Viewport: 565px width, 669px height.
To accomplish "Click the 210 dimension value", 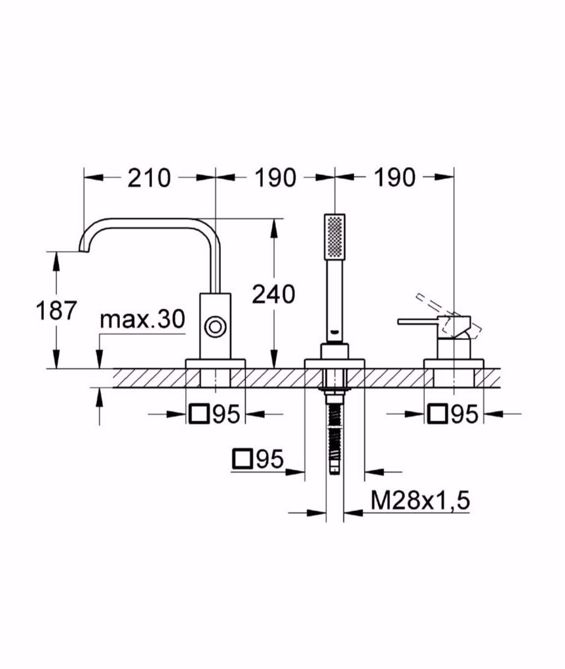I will point(149,178).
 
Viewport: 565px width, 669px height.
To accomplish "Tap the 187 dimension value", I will point(56,310).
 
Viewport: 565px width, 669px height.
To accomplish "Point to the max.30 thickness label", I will point(142,320).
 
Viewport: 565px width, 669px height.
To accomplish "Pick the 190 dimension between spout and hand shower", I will point(275,178).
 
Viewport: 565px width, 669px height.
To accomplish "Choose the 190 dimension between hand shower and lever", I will point(395,178).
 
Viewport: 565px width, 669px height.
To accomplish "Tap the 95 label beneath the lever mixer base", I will point(463,414).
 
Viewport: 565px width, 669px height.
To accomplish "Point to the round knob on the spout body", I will point(215,326).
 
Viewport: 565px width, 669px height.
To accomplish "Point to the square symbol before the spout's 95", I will point(198,414).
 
